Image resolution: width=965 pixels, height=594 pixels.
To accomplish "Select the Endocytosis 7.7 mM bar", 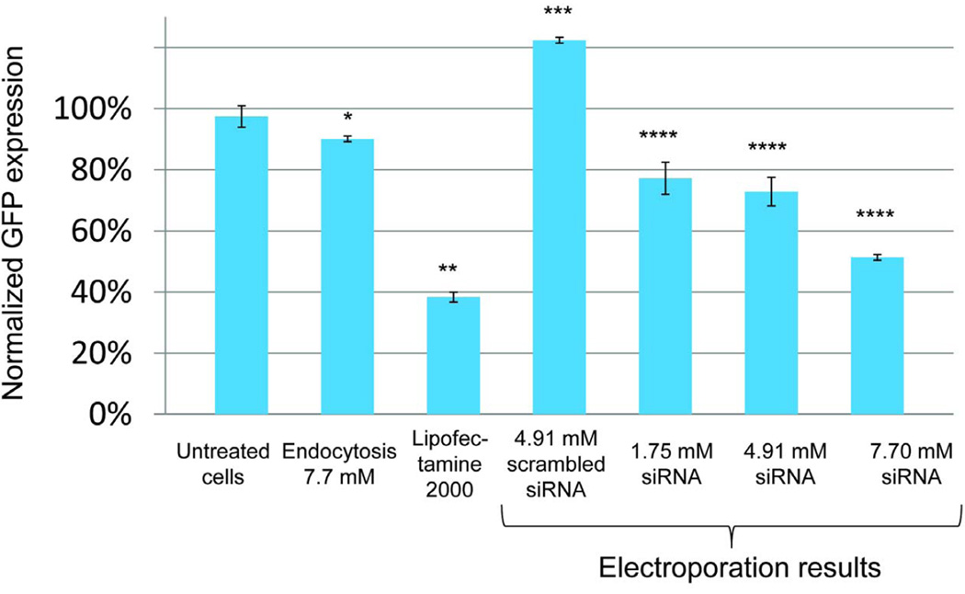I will pyautogui.click(x=346, y=276).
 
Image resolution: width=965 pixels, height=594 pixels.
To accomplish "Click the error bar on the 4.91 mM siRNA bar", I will pyautogui.click(x=772, y=191).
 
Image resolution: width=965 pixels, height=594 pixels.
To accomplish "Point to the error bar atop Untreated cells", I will pyautogui.click(x=241, y=117).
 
